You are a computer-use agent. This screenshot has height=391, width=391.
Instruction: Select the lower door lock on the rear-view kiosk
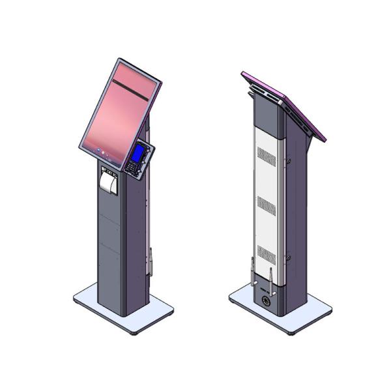(286, 260)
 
